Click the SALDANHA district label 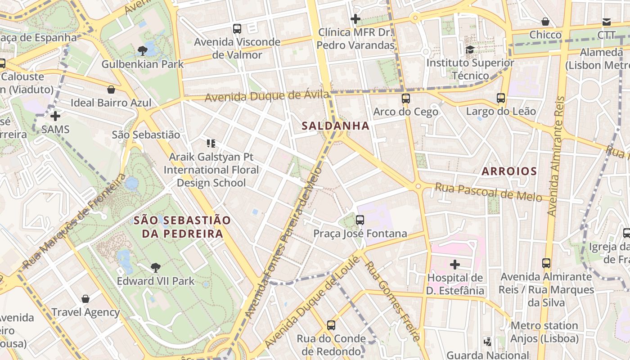pos(336,126)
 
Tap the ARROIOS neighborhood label pos(509,171)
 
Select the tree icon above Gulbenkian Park pos(143,50)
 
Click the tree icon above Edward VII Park pos(156,268)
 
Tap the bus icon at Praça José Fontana pos(360,220)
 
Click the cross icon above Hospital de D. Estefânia pos(455,264)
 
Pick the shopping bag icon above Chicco pos(545,22)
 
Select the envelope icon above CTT pos(607,22)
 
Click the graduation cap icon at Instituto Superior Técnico pos(470,49)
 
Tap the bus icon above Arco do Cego pos(406,98)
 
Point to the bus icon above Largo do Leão pos(501,98)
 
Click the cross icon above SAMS pos(55,116)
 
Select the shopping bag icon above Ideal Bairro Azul pos(111,90)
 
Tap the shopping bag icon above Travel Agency pos(85,299)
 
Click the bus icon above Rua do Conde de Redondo pos(331,325)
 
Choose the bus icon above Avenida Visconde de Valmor pos(237,29)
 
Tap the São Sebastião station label pos(146,135)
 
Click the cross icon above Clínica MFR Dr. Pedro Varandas pos(355,19)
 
